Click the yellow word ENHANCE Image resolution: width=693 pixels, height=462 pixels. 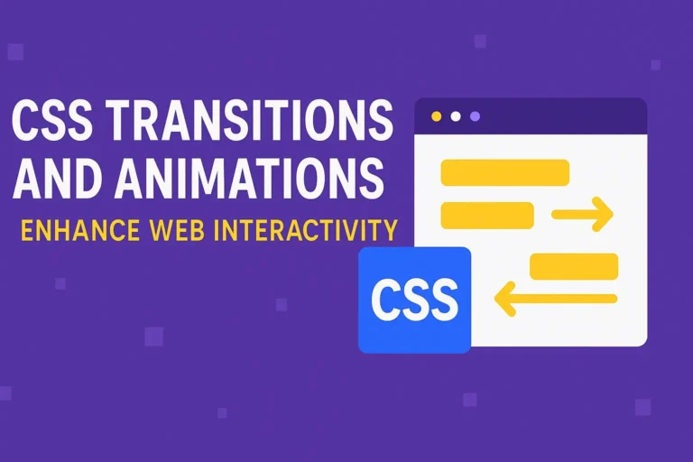(80, 231)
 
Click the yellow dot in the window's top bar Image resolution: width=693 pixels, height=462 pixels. (437, 116)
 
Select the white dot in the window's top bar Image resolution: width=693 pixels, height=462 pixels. (456, 116)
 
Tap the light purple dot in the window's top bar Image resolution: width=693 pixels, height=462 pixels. (475, 116)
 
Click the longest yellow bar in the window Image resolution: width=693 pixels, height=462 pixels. (504, 172)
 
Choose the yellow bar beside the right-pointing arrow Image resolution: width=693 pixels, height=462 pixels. (487, 216)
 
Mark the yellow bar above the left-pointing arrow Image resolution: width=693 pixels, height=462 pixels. (574, 266)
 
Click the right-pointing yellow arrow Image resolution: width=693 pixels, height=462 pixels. (582, 215)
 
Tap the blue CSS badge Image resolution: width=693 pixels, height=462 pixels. (414, 299)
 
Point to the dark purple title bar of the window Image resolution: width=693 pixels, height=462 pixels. (559, 116)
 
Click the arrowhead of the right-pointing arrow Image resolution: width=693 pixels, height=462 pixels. (605, 215)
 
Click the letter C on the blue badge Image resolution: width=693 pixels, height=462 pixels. (387, 300)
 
